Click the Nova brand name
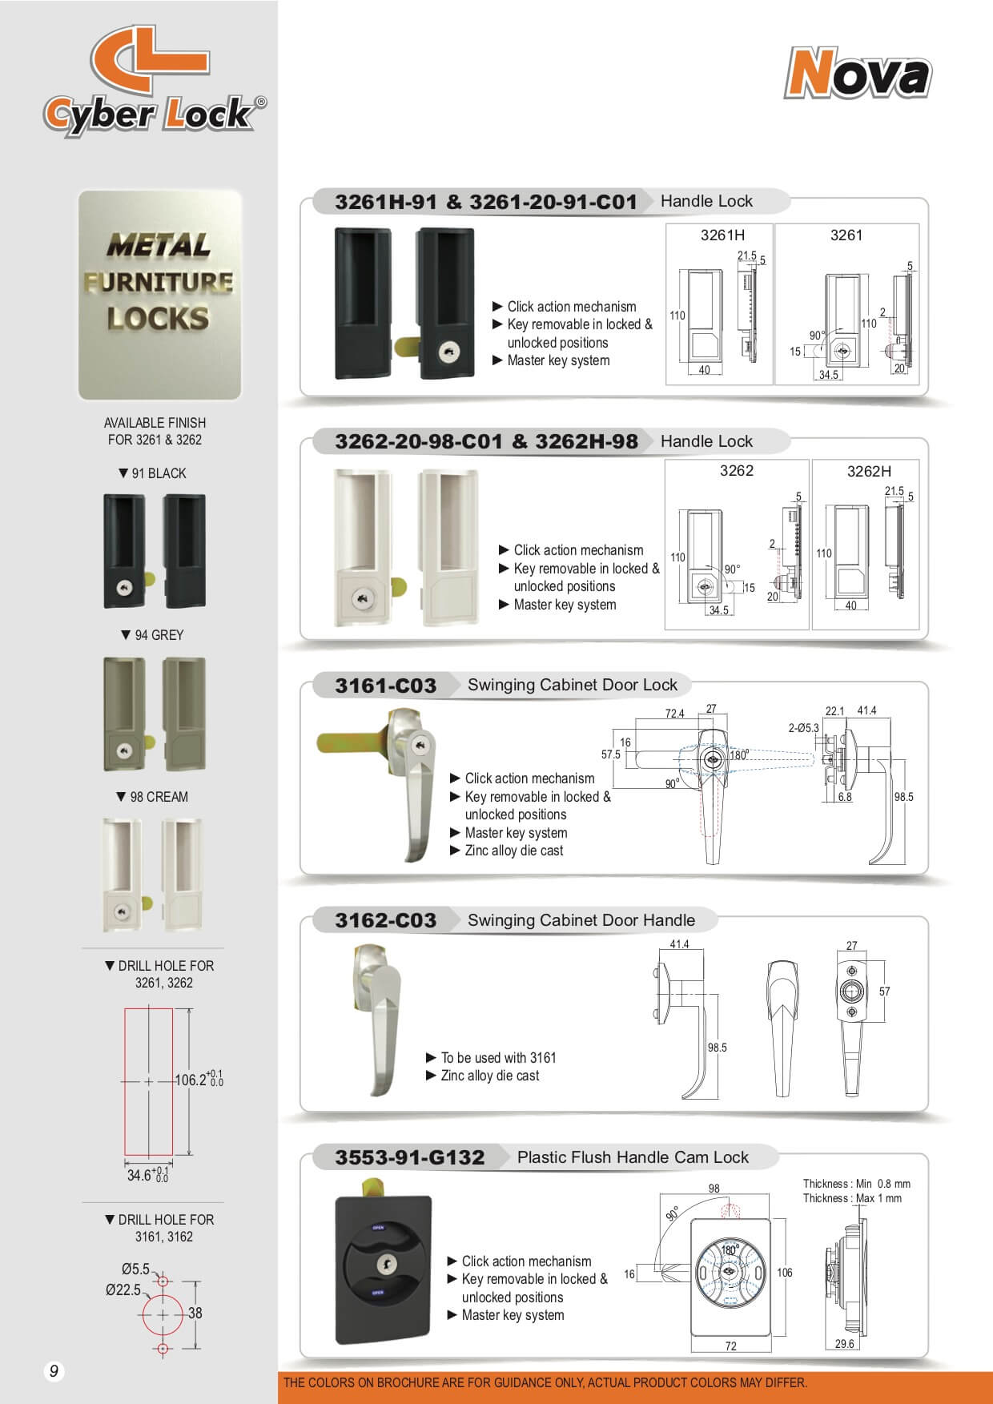coord(857,74)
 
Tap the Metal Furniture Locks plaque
coord(159,294)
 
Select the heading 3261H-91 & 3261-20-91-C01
coord(485,202)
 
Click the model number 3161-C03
coord(385,686)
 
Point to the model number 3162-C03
coord(385,921)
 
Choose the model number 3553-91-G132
coord(409,1157)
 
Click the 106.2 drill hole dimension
coord(193,1080)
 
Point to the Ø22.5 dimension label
coord(123,1289)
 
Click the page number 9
coord(54,1371)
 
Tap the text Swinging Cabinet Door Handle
coord(581,920)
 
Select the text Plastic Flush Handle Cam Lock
coord(633,1157)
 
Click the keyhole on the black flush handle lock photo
coord(386,1264)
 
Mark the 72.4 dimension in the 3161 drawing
coord(674,714)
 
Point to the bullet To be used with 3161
coord(497,1057)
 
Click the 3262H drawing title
coord(869,472)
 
